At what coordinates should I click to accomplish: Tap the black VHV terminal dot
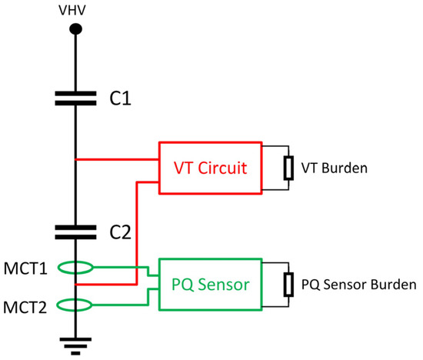pyautogui.click(x=75, y=29)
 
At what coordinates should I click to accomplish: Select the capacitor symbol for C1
pyautogui.click(x=75, y=98)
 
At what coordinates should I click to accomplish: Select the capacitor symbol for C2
pyautogui.click(x=75, y=231)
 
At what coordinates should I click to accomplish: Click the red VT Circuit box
pyautogui.click(x=210, y=167)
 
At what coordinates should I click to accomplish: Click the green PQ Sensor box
pyautogui.click(x=210, y=285)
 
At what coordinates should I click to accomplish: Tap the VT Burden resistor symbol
pyautogui.click(x=288, y=167)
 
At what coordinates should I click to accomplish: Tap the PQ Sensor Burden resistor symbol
pyautogui.click(x=288, y=285)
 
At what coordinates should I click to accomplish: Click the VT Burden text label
pyautogui.click(x=332, y=167)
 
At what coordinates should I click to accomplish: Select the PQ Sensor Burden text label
pyautogui.click(x=358, y=285)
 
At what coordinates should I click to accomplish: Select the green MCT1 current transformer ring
pyautogui.click(x=75, y=268)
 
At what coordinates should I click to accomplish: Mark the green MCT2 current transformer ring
pyautogui.click(x=75, y=305)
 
